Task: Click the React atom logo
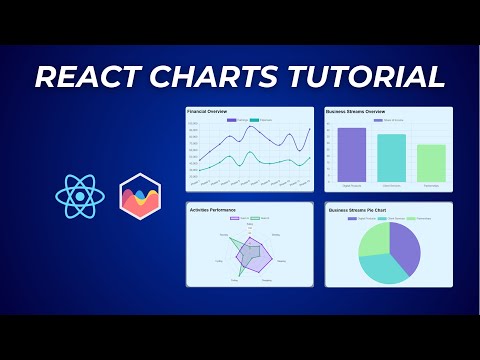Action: pyautogui.click(x=80, y=195)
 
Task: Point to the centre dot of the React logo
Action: pyautogui.click(x=80, y=195)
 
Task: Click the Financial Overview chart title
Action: pyautogui.click(x=207, y=112)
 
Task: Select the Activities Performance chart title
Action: pyautogui.click(x=214, y=207)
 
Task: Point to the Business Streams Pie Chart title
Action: pyautogui.click(x=357, y=211)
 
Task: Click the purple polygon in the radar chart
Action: pyautogui.click(x=254, y=257)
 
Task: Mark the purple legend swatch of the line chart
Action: pyautogui.click(x=232, y=120)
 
